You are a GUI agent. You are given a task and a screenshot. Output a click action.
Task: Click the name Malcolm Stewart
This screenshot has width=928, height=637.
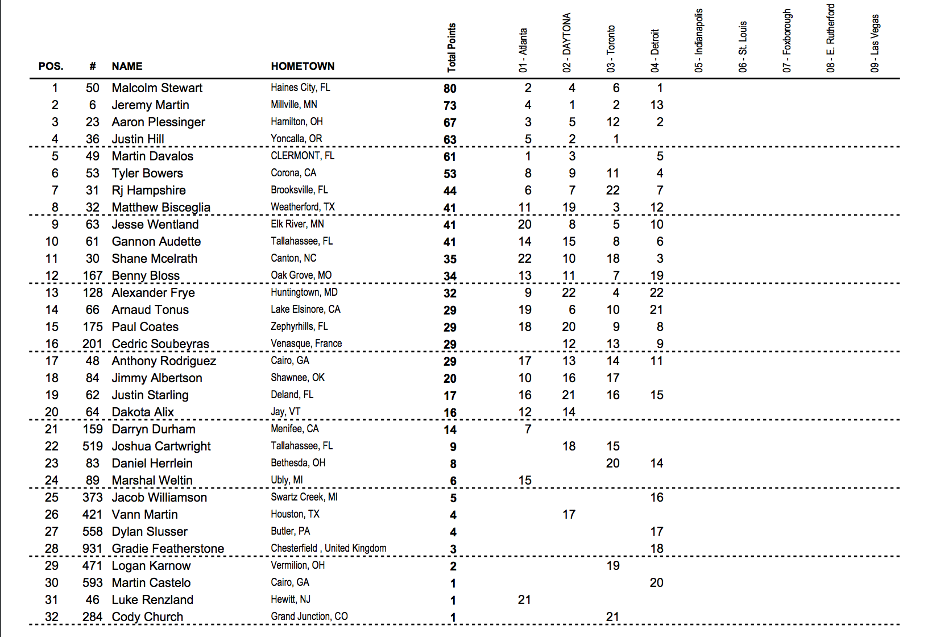[x=157, y=88]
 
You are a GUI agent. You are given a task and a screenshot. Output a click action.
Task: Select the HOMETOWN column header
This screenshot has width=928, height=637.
[x=303, y=67]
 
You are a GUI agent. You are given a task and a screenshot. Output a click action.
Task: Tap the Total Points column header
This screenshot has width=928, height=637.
[x=451, y=48]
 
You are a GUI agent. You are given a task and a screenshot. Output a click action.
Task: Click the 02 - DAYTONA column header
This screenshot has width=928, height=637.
[x=567, y=43]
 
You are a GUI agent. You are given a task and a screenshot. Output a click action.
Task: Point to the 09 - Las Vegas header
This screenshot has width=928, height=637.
[x=875, y=43]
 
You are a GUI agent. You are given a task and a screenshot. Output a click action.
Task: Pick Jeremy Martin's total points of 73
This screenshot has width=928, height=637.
[x=450, y=106]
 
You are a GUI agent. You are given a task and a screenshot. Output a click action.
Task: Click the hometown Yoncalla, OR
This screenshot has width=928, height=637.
[x=296, y=139]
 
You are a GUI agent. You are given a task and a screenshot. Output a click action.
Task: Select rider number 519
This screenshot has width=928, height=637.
[x=92, y=446]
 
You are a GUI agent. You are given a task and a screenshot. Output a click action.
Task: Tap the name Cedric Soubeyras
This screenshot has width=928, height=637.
[x=160, y=344]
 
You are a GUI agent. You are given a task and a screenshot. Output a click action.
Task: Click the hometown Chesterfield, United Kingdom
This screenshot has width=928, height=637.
[x=328, y=548]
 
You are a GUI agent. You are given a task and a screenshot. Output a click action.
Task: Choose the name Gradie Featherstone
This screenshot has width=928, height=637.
[x=168, y=549]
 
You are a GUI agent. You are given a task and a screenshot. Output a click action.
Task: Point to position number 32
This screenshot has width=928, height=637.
[x=52, y=617]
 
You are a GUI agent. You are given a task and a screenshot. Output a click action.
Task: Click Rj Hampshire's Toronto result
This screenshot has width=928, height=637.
[x=612, y=191]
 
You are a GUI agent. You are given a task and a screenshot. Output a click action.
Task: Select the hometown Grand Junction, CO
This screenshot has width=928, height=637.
[x=309, y=617]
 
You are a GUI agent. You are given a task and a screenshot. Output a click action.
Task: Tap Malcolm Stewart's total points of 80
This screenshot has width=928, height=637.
[x=450, y=89]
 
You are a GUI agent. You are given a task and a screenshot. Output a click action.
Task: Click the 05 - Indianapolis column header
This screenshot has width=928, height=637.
[x=699, y=40]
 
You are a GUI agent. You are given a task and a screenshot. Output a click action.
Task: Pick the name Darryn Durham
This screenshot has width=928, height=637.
[x=154, y=429]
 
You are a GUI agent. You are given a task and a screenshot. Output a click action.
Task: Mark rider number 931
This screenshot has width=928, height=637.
[x=92, y=549]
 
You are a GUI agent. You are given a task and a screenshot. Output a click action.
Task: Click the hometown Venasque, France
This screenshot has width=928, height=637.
[x=306, y=344]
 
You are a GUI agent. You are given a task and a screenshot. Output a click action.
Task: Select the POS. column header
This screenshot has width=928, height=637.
[x=51, y=67]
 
